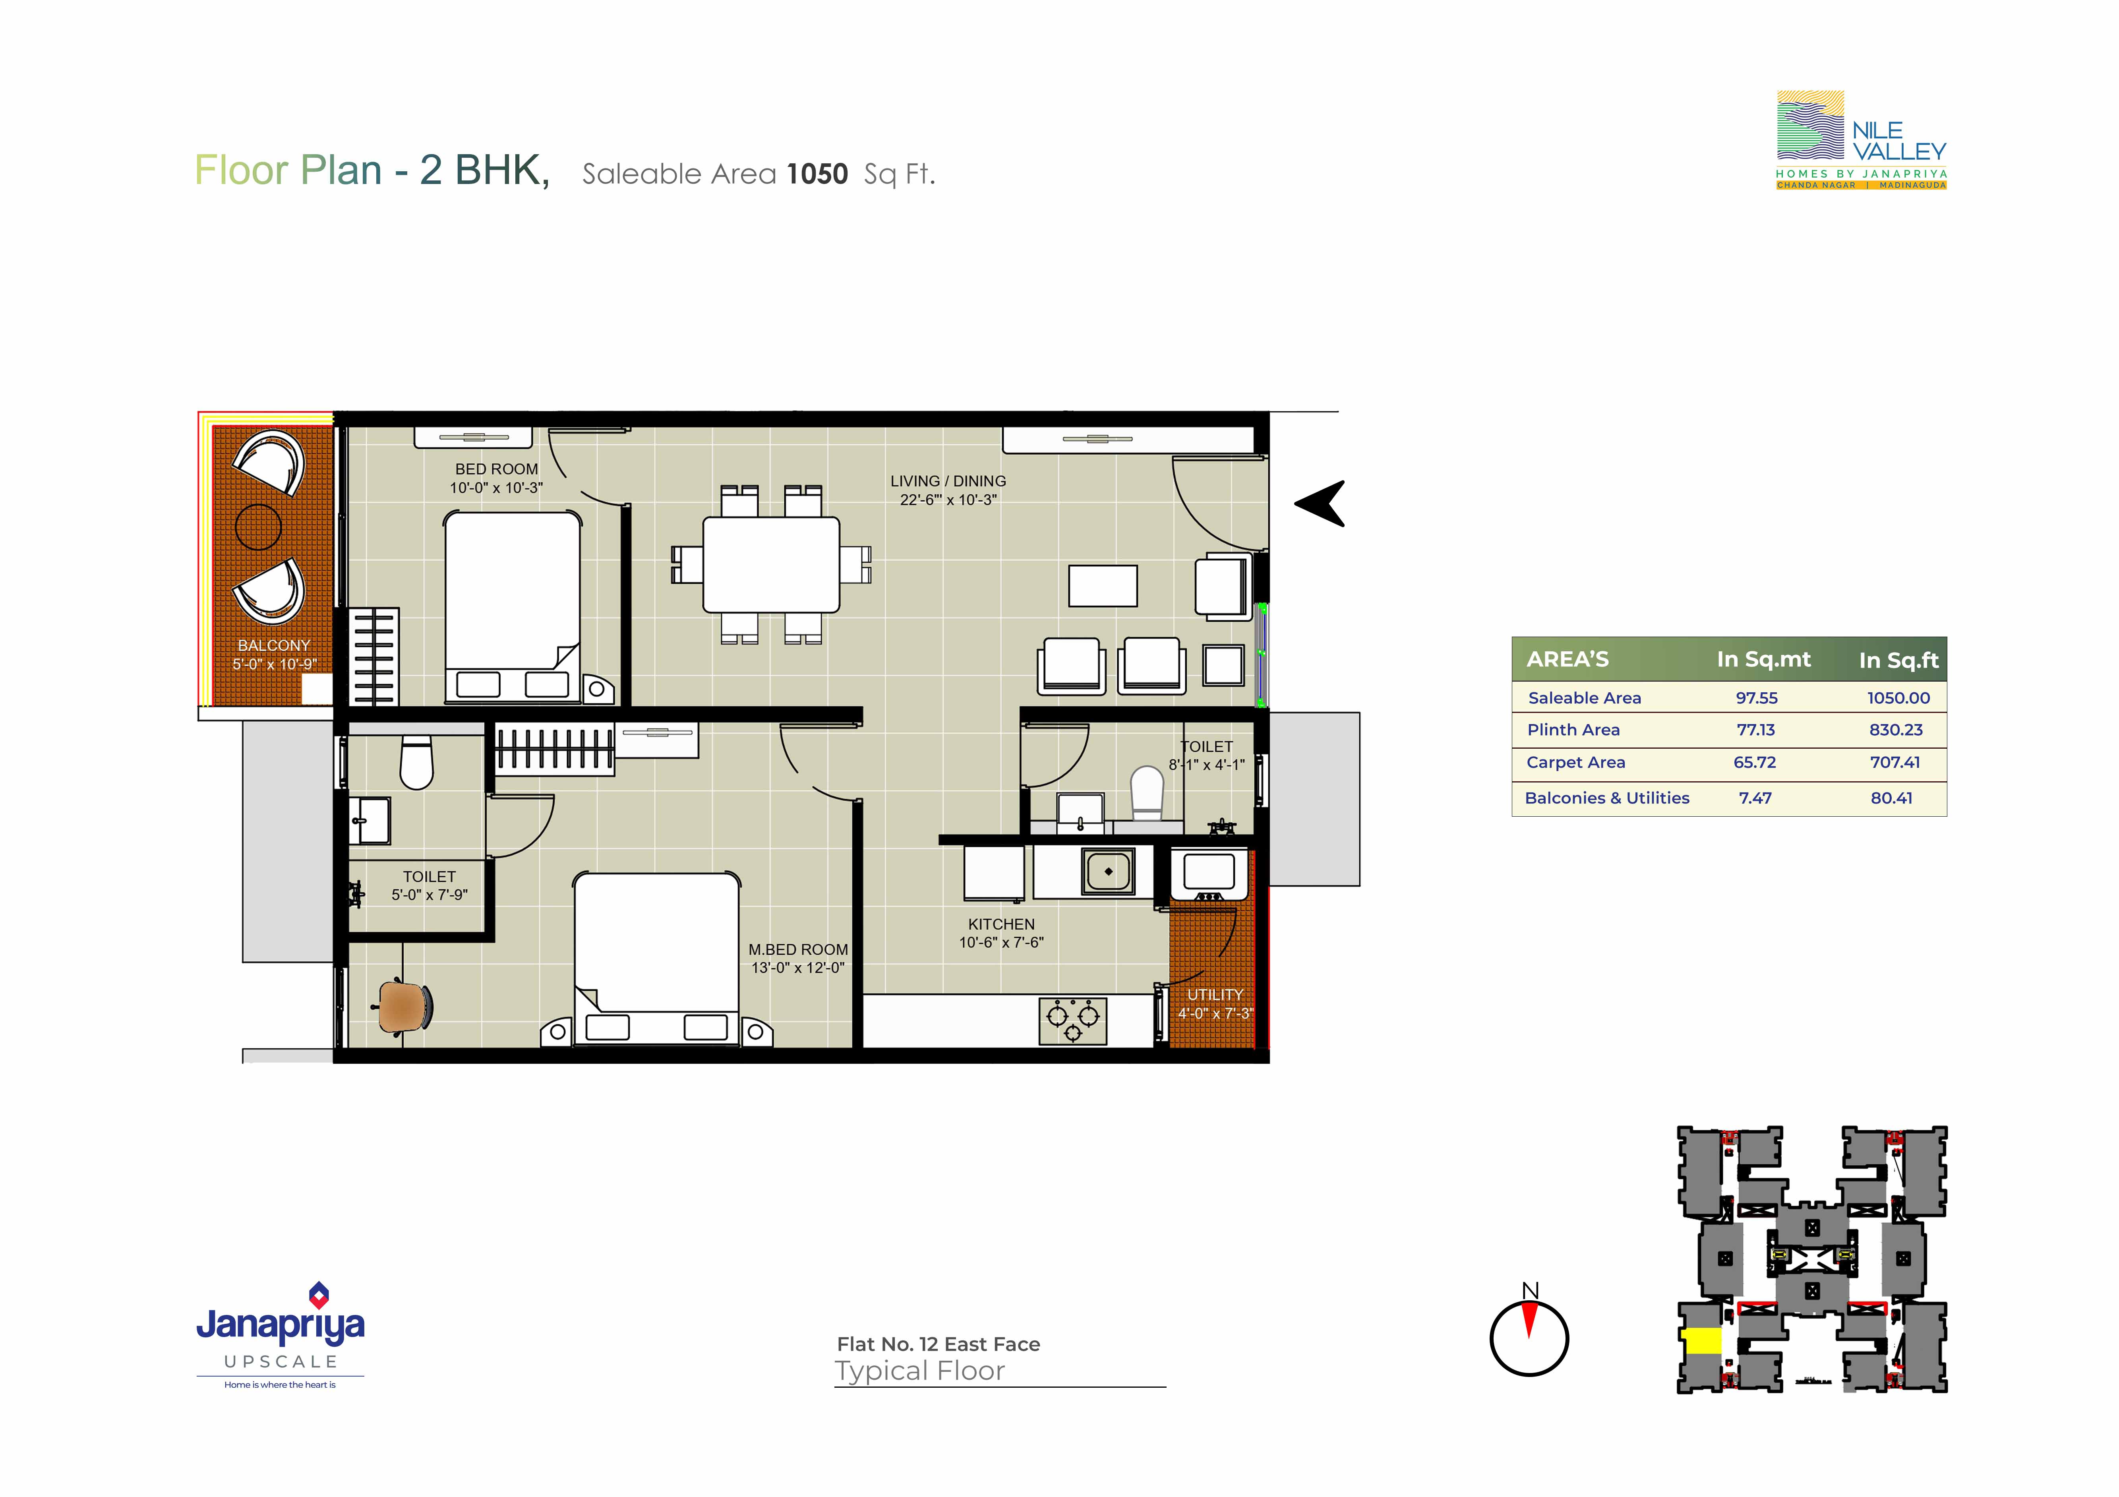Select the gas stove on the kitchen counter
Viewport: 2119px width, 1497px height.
[1072, 1020]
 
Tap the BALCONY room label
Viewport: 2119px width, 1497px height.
[274, 645]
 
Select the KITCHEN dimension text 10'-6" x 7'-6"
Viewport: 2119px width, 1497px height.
[1001, 942]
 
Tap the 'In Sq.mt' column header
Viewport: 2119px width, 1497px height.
[1764, 659]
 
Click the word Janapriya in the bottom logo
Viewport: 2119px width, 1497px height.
[281, 1325]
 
